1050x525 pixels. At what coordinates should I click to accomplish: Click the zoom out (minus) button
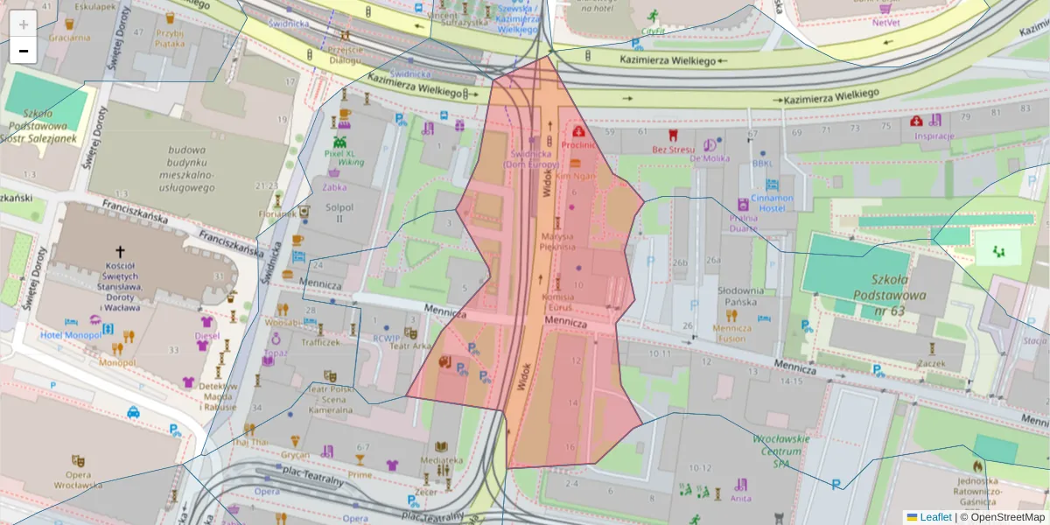[24, 51]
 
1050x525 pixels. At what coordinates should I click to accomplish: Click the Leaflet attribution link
[935, 517]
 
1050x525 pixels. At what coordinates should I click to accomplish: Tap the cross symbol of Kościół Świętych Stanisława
[120, 251]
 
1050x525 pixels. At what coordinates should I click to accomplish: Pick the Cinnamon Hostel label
[771, 203]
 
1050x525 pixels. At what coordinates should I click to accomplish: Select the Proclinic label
[578, 145]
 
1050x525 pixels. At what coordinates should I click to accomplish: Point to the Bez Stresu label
[672, 149]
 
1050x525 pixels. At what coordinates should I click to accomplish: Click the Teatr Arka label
[410, 346]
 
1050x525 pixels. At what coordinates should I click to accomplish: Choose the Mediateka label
[441, 459]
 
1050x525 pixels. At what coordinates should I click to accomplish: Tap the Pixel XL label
[339, 153]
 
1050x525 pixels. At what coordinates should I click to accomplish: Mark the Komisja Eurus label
[557, 302]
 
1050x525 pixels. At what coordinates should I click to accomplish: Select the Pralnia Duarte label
[743, 222]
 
